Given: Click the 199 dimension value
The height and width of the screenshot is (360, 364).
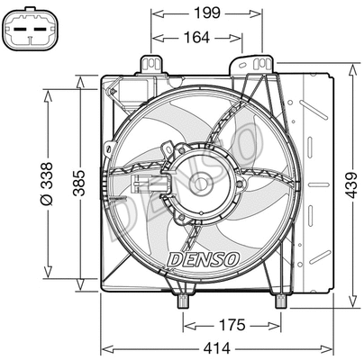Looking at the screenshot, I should [x=207, y=13].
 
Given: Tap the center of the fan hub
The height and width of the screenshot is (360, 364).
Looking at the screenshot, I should [x=202, y=185].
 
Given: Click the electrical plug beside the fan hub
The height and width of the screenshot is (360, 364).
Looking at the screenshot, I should [x=142, y=186].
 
